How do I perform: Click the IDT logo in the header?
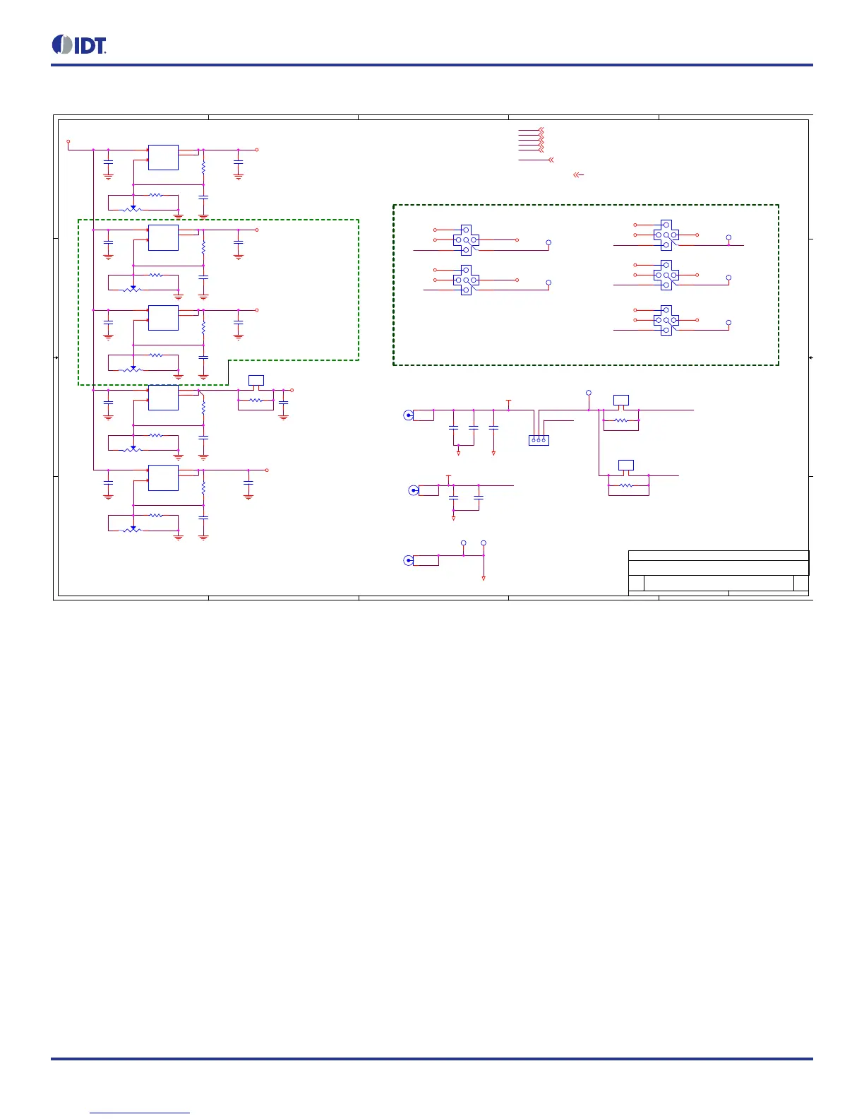(79, 45)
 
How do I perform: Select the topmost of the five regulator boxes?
(163, 158)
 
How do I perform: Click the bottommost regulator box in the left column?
(163, 478)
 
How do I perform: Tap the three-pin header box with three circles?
(539, 440)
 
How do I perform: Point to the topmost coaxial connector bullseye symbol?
(408, 415)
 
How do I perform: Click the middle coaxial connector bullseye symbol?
(414, 490)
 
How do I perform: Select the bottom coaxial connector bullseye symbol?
(408, 560)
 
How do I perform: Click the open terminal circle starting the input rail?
(68, 141)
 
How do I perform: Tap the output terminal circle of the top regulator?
(256, 150)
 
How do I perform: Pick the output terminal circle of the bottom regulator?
(267, 470)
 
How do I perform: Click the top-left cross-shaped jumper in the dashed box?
(466, 240)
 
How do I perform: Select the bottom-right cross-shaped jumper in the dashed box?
(666, 320)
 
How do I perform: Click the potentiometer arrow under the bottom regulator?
(133, 528)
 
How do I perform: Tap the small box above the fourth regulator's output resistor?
(256, 380)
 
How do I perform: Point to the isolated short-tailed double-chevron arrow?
(577, 174)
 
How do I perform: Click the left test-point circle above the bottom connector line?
(463, 543)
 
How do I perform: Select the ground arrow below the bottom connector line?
(484, 578)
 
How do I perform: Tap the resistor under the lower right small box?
(626, 485)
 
